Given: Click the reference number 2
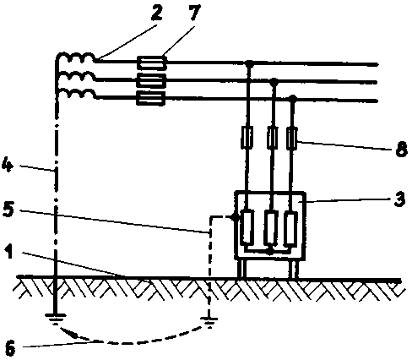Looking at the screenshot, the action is (157, 12).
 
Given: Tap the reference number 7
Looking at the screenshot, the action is (194, 12).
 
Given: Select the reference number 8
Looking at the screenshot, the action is (401, 149).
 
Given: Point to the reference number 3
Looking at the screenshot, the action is (399, 199).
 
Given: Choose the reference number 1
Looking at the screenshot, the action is (9, 251).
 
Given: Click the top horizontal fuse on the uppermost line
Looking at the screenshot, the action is (151, 63).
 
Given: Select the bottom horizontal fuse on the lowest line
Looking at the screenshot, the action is (150, 98).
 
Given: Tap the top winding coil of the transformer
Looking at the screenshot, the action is (76, 57).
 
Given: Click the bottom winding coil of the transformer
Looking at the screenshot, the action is (76, 94).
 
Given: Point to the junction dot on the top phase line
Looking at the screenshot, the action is (249, 63).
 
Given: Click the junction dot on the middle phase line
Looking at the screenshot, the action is (274, 82).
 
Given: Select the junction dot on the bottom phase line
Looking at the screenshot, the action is (293, 99).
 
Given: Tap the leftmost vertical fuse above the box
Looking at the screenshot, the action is (247, 137).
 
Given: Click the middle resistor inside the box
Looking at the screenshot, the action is (270, 228).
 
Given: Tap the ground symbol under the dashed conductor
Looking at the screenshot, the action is (209, 322).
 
